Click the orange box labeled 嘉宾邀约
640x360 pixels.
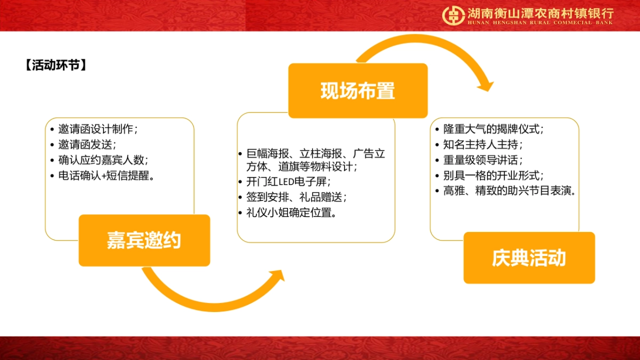(x=145, y=241)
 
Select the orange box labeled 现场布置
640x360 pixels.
(x=358, y=91)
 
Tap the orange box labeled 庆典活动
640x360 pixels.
(x=529, y=258)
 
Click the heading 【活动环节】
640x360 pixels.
(x=56, y=65)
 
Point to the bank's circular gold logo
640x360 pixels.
(x=453, y=15)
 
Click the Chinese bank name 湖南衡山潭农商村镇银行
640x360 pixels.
(x=541, y=13)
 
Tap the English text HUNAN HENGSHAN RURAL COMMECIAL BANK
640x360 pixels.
(x=540, y=22)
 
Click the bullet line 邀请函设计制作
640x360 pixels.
(x=98, y=129)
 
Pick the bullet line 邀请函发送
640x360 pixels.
(x=87, y=145)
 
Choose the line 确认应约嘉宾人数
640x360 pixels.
(x=103, y=160)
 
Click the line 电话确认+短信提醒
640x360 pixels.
(x=107, y=175)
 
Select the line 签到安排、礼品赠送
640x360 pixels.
(x=297, y=197)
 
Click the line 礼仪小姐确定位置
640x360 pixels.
(x=291, y=213)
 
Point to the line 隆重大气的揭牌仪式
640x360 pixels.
(x=493, y=129)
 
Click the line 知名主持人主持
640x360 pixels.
(x=483, y=145)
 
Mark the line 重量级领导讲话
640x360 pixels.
(x=483, y=160)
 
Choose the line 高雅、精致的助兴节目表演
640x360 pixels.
(x=509, y=191)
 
